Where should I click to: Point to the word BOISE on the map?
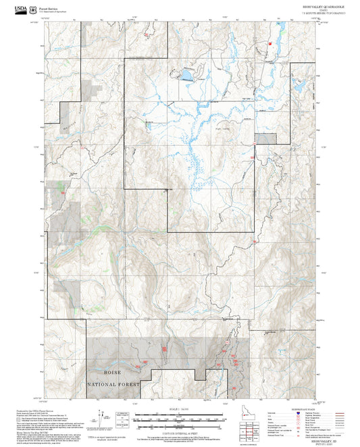113,371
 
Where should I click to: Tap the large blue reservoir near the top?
185,74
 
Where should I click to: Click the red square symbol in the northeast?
269,43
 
